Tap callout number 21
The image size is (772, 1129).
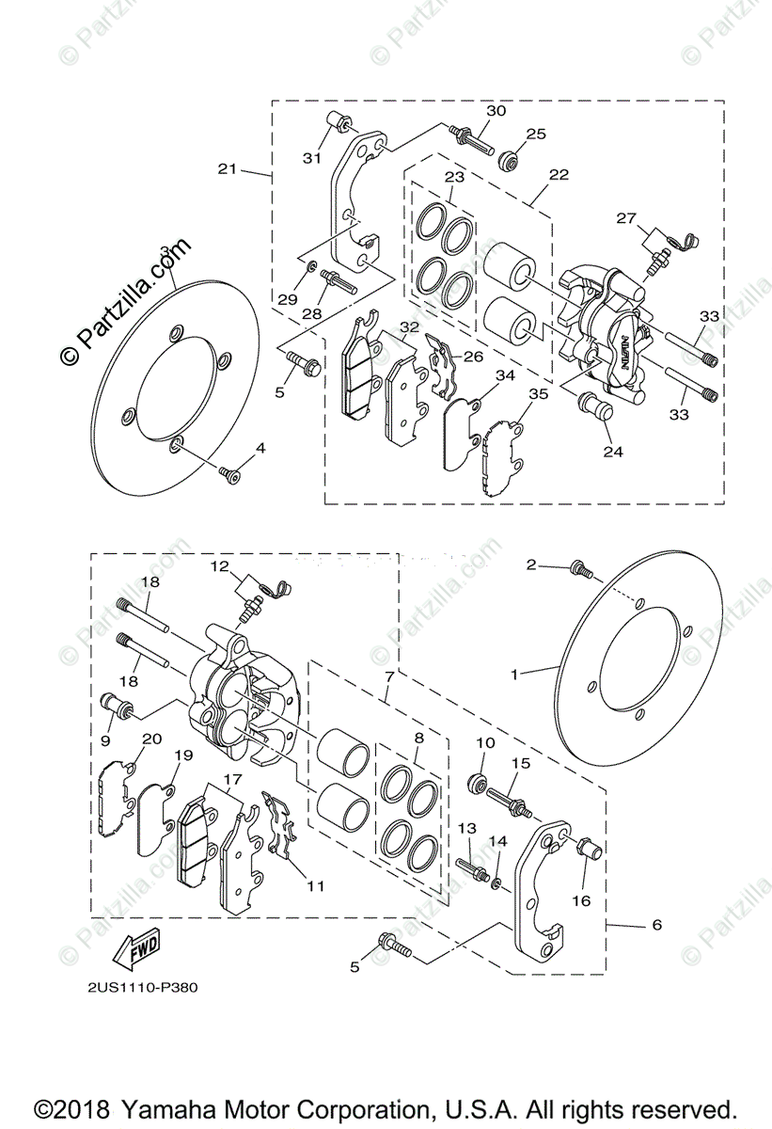(x=227, y=169)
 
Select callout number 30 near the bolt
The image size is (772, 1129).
(x=496, y=111)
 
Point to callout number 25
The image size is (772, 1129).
(x=536, y=135)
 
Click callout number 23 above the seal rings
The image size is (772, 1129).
(x=455, y=177)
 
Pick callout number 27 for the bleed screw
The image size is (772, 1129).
(x=626, y=217)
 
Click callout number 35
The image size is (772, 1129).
(x=536, y=395)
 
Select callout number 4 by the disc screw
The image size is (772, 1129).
(x=260, y=449)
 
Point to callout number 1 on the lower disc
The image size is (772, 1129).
(x=514, y=675)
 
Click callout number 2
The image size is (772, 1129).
(x=531, y=564)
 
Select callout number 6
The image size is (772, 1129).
(x=655, y=925)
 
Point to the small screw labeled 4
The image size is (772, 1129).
(x=227, y=472)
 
